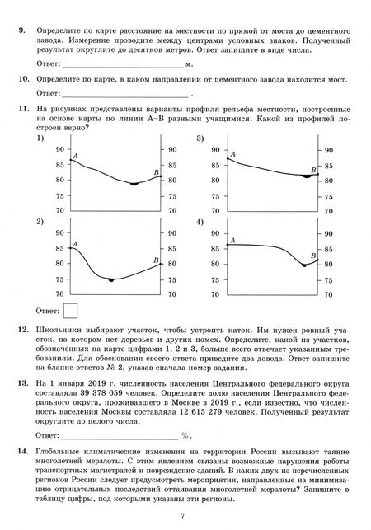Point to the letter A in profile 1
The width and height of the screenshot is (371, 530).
[75, 155]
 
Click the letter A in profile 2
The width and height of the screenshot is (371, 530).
[75, 244]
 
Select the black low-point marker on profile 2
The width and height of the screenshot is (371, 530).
[111, 281]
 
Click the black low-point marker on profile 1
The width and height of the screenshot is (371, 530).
[133, 184]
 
